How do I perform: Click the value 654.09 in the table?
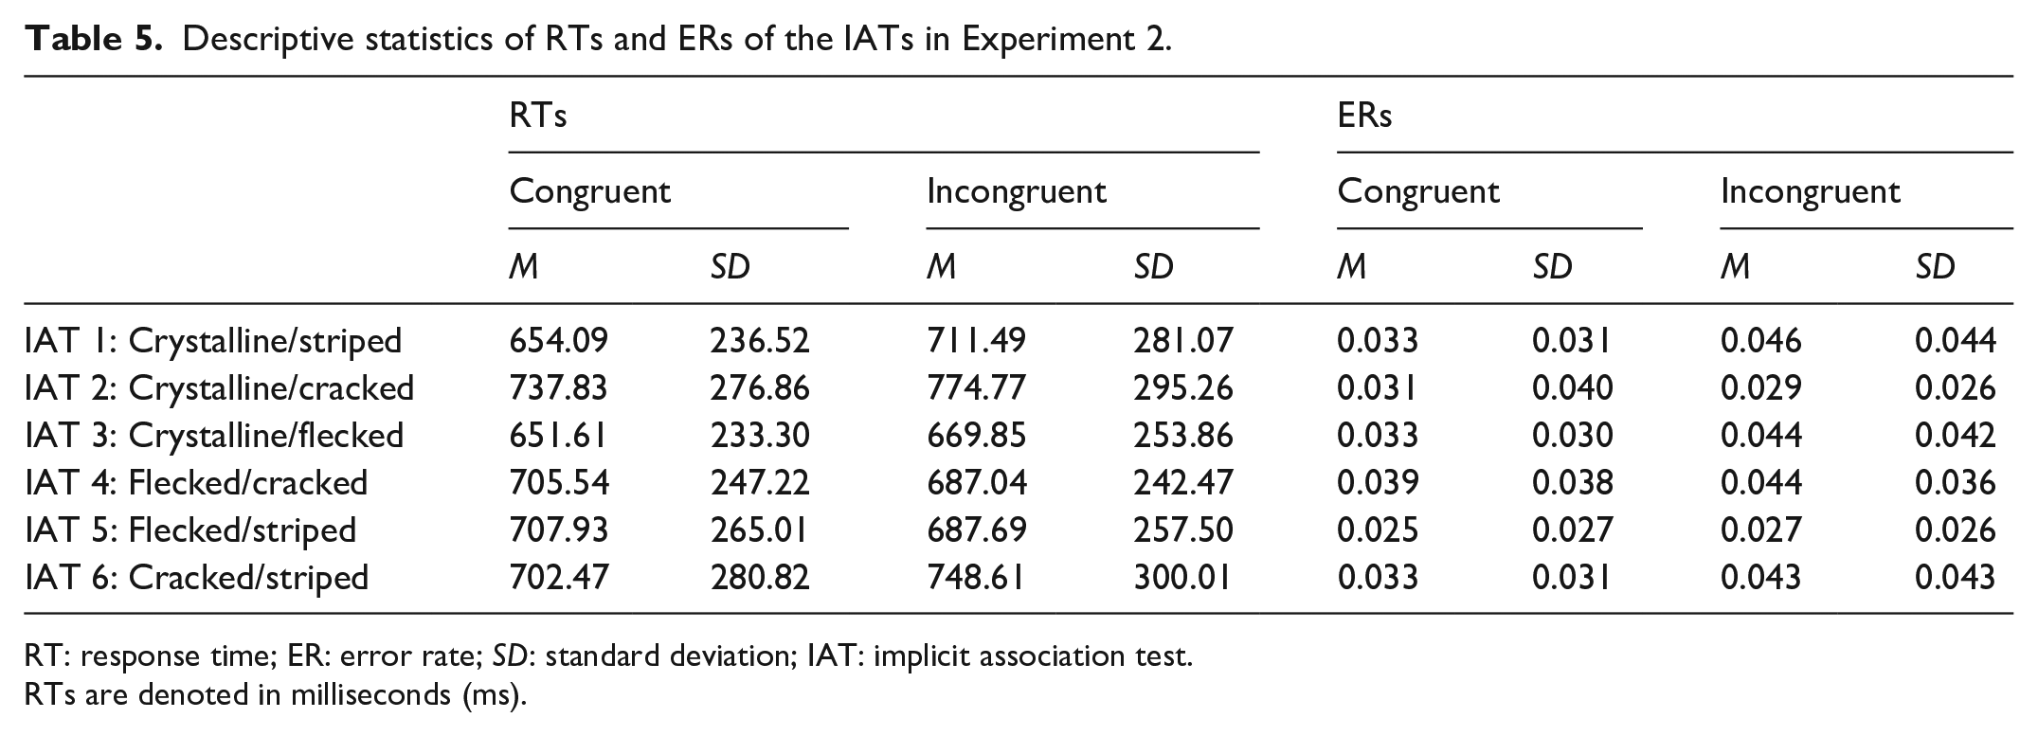click(559, 340)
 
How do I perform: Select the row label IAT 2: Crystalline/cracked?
click(220, 387)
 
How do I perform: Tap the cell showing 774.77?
click(976, 387)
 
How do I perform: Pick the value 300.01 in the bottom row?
click(1183, 577)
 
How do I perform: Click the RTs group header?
click(538, 116)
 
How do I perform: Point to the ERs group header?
click(1365, 116)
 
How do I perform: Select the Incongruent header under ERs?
click(1811, 192)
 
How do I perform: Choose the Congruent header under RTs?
click(590, 192)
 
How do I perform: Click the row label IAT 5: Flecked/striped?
click(191, 530)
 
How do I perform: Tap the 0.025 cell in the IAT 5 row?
click(1378, 530)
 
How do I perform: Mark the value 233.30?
click(760, 435)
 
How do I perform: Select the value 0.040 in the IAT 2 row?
click(1573, 387)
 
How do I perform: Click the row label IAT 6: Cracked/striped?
click(197, 577)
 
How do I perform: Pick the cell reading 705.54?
click(559, 482)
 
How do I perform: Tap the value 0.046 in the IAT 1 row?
click(1761, 340)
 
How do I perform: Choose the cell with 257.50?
click(1183, 530)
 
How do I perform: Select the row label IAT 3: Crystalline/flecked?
click(215, 435)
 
